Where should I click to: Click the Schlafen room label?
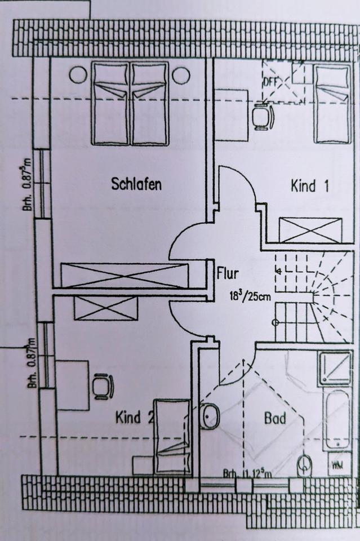point(136,184)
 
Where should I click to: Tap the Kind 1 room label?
point(309,186)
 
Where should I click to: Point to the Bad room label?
point(275,419)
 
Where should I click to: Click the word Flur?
point(228,274)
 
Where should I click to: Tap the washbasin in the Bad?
point(210,416)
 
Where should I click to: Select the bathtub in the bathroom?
point(337,420)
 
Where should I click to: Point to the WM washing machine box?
point(338,465)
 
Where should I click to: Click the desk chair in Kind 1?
point(262,117)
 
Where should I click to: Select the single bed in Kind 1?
point(332,104)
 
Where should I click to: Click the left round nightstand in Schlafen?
point(78,75)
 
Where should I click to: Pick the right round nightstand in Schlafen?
point(181,75)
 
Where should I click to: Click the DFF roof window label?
point(271,81)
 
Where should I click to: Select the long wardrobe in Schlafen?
point(125,276)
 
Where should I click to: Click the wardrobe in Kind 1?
point(310,230)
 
